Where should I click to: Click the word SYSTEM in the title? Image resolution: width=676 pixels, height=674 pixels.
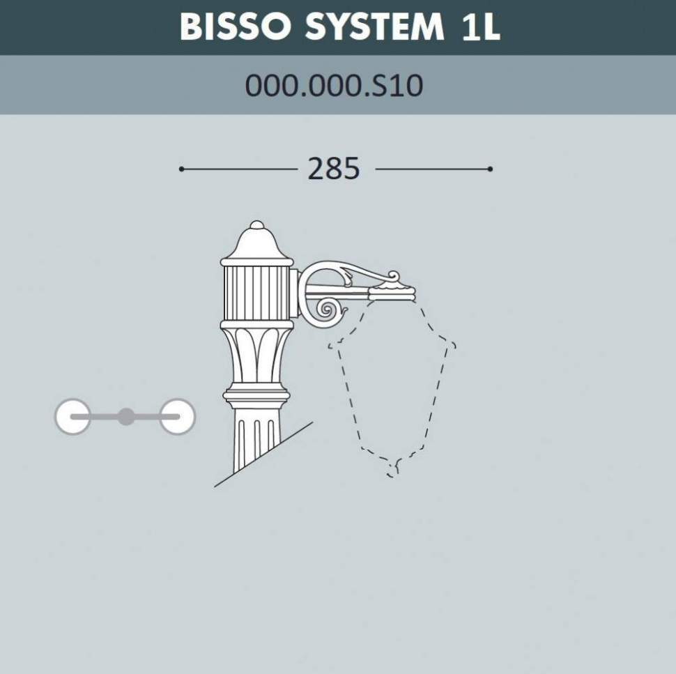[x=374, y=26]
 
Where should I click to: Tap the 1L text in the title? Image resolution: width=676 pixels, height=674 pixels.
[x=480, y=26]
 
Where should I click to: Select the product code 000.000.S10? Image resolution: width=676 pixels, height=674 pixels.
[x=334, y=86]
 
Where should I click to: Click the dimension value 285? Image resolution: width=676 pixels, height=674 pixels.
[x=334, y=169]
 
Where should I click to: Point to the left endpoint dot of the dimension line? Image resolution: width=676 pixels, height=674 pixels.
[x=181, y=169]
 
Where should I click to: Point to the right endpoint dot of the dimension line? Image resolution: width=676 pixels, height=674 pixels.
[x=491, y=169]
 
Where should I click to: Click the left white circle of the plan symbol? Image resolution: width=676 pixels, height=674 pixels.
[x=72, y=417]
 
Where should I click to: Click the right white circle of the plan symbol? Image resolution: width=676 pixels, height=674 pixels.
[x=177, y=417]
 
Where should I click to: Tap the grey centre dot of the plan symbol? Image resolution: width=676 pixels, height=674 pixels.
[x=125, y=417]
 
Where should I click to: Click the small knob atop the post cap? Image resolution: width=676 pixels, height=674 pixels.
[x=256, y=225]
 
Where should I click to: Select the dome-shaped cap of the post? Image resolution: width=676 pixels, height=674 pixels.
[x=256, y=244]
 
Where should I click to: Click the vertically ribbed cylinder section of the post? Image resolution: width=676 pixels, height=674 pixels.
[x=256, y=293]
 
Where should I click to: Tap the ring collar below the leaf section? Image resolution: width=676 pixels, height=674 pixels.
[x=256, y=397]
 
